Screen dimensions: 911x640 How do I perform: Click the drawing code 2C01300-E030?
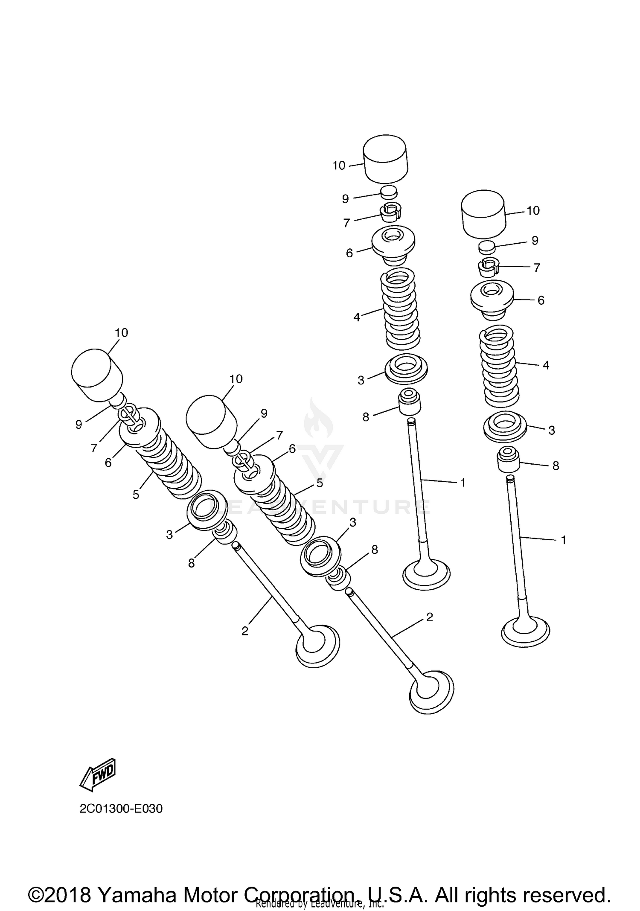121,809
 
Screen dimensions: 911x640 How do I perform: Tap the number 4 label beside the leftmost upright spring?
357,317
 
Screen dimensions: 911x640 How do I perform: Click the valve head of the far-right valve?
525,632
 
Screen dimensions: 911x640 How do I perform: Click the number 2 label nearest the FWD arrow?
244,631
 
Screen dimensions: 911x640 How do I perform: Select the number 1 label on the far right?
563,540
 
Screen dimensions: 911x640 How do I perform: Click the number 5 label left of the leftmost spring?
136,495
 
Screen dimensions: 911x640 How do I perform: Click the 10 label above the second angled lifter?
236,379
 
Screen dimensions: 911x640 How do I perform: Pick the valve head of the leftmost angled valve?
318,646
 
